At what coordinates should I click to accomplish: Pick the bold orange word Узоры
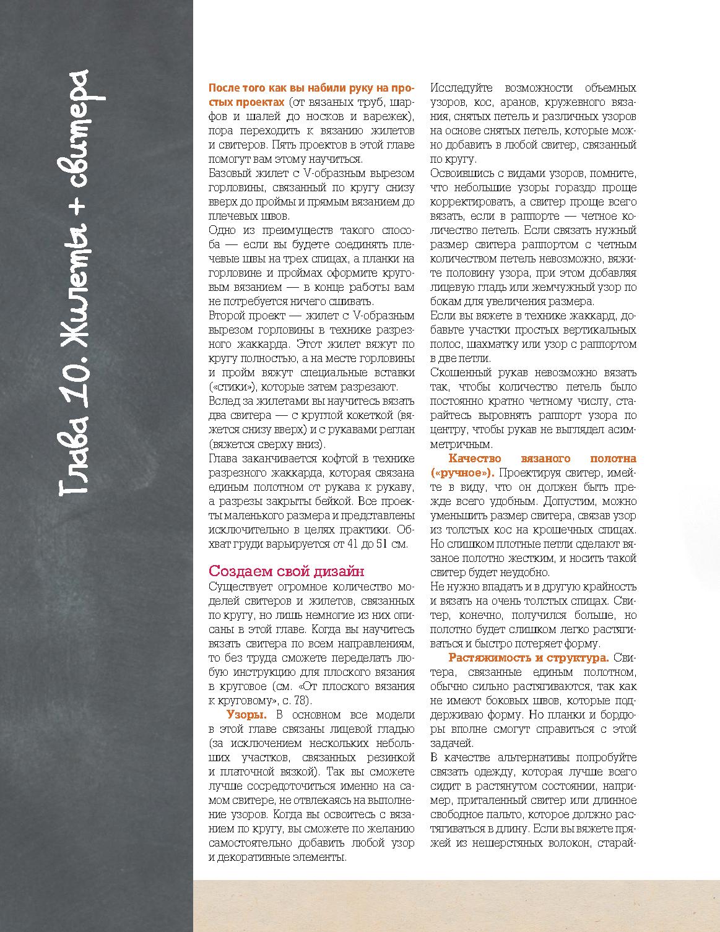(x=246, y=714)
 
